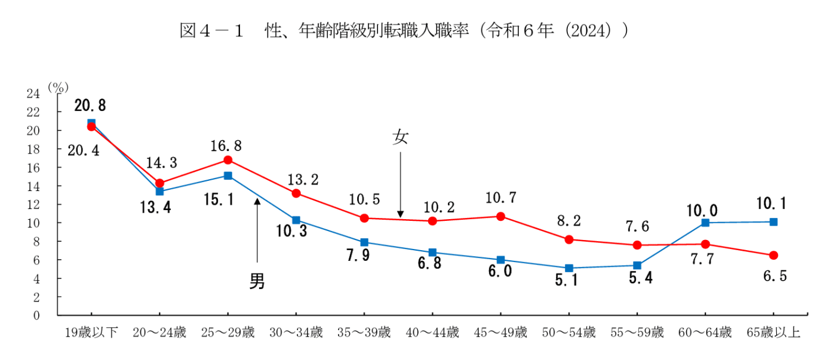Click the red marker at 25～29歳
point(228,160)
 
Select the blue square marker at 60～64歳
point(705,223)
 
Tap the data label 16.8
point(225,146)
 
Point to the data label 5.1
point(567,280)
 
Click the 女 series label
point(400,138)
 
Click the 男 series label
point(257,281)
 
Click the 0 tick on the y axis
point(36,315)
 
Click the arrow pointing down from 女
point(400,185)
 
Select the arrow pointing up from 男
point(257,230)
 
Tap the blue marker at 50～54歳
point(568,268)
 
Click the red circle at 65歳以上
point(773,256)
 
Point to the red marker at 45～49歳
point(500,216)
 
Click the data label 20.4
point(83,151)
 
